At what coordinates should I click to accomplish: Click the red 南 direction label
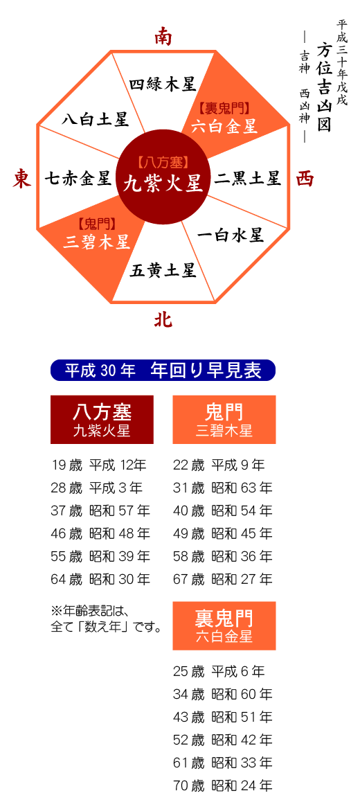163,37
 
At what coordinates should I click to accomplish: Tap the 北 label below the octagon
163,321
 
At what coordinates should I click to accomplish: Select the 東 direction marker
22,179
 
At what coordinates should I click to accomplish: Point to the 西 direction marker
305,179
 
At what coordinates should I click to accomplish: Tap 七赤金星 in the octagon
78,179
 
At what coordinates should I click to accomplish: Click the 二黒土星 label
248,179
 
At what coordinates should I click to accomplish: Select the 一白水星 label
231,235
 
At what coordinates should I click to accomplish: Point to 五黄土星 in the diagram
163,270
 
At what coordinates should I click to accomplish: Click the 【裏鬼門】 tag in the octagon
224,108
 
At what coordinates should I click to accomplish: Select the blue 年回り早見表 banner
163,370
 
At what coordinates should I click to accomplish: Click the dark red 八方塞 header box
102,420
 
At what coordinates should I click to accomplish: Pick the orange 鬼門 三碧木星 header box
224,420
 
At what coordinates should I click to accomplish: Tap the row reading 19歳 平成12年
99,465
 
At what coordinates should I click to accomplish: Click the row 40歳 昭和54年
223,510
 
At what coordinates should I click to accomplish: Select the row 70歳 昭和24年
223,785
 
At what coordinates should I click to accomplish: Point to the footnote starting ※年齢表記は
106,619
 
